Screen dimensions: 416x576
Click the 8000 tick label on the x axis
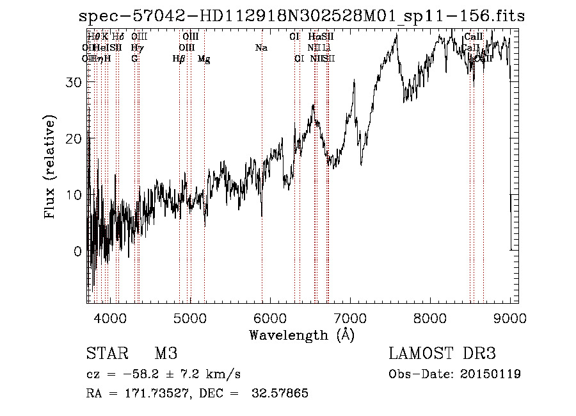pos(430,318)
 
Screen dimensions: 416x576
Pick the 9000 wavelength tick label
pos(510,318)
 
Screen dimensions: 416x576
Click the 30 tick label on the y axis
pos(75,82)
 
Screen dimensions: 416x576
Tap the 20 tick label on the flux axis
pos(75,138)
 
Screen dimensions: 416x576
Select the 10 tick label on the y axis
pos(75,195)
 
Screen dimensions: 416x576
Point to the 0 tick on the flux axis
pos(78,251)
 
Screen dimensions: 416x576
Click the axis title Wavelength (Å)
pos(301,335)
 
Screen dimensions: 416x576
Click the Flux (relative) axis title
pos(51,167)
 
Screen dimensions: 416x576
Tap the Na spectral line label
pos(261,48)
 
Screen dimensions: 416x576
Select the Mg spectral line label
pos(204,59)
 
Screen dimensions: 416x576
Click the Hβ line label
pos(179,59)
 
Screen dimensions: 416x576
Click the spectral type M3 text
pos(165,354)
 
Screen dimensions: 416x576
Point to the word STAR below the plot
pos(106,354)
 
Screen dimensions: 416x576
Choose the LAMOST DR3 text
pos(442,354)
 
